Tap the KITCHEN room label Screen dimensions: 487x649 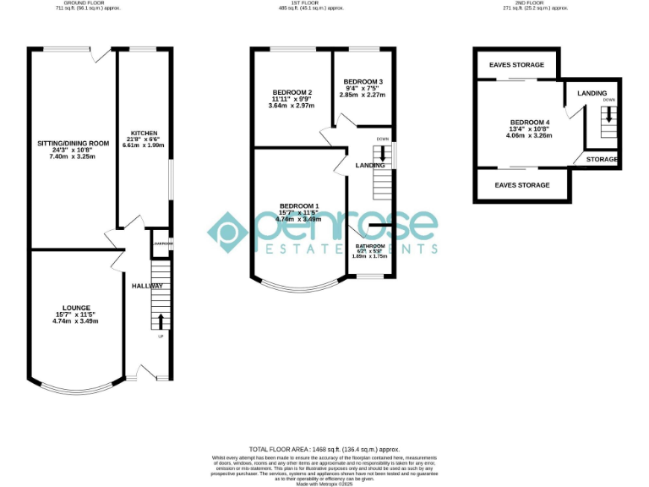(x=143, y=133)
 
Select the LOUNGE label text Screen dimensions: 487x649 (x=75, y=307)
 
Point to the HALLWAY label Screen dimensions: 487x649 (x=146, y=286)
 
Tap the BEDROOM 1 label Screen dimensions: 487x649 (x=299, y=206)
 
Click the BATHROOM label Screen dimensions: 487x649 (x=369, y=246)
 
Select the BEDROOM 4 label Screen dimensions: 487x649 (x=529, y=121)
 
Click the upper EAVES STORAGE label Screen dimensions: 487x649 (x=516, y=64)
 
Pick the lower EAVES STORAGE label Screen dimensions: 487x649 (x=522, y=184)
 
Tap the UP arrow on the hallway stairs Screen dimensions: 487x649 (x=161, y=321)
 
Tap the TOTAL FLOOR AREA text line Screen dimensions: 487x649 (x=324, y=449)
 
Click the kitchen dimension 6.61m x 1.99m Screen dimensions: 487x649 (x=143, y=145)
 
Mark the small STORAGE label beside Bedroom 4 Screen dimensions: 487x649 (x=602, y=159)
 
